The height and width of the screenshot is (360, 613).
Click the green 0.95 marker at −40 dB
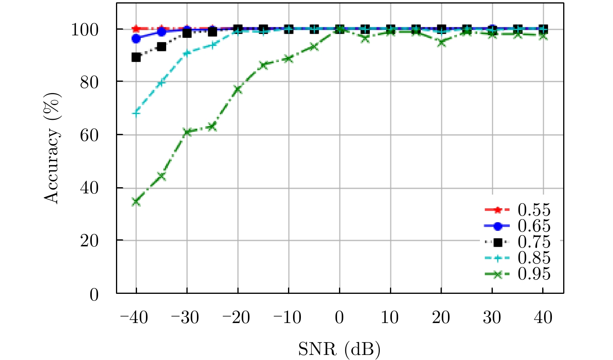136,202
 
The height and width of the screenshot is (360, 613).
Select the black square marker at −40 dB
136,57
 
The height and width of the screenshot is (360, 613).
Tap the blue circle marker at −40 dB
136,39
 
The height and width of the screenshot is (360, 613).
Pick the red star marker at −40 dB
136,29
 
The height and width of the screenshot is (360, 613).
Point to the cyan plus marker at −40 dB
136,113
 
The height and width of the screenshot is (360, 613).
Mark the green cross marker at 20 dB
441,42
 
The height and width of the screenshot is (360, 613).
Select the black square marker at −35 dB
162,47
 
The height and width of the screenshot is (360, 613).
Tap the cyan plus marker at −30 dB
187,53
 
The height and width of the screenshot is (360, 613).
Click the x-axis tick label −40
134,318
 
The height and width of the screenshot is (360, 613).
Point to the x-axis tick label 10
390,318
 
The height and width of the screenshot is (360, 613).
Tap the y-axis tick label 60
89,135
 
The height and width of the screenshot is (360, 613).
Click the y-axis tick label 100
84,30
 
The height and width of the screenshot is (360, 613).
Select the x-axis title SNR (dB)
339,349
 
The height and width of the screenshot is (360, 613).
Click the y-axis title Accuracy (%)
52,148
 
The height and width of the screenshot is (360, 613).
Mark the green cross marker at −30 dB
187,132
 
